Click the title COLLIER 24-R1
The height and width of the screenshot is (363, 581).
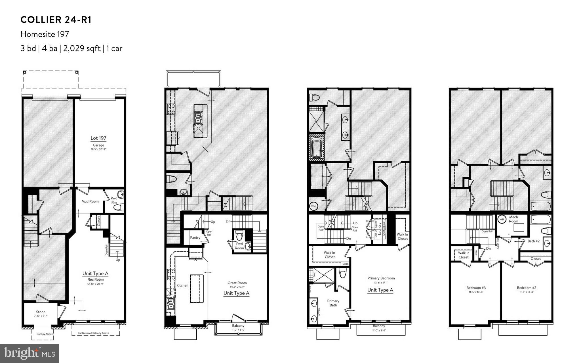click(x=56, y=20)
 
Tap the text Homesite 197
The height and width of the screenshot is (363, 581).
click(x=45, y=34)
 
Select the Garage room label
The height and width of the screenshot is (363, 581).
click(x=98, y=145)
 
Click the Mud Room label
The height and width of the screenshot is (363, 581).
click(x=90, y=201)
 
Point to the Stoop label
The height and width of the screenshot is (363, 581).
click(x=41, y=312)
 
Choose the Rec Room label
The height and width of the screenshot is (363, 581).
click(x=95, y=279)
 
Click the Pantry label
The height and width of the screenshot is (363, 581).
click(x=195, y=237)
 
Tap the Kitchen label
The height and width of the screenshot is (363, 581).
click(x=182, y=285)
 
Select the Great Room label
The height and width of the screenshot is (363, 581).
click(x=237, y=283)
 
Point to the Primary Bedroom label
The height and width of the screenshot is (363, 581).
click(x=381, y=278)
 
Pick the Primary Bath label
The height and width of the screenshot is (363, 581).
click(x=333, y=303)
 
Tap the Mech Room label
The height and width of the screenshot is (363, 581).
click(x=513, y=219)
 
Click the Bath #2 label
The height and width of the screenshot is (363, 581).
click(x=533, y=241)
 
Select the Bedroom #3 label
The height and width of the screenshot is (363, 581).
click(x=476, y=288)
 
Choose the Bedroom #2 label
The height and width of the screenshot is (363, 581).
click(x=526, y=288)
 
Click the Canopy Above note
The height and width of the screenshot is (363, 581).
click(x=45, y=334)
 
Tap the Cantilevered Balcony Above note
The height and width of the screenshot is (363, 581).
click(x=96, y=333)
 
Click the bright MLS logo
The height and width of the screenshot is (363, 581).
click(x=30, y=353)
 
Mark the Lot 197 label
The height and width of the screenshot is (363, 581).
click(x=98, y=138)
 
